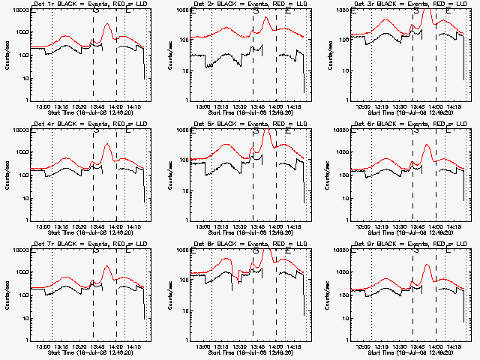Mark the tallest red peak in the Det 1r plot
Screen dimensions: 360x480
pyautogui.click(x=107, y=25)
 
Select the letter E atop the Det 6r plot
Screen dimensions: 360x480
pyautogui.click(x=448, y=131)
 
